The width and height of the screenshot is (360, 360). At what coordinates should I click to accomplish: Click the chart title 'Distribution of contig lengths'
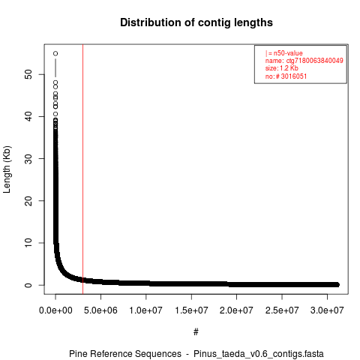(196, 22)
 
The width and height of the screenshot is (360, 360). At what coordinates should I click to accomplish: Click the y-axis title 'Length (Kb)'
(7, 169)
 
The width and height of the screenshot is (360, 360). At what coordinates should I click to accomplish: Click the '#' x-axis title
(196, 332)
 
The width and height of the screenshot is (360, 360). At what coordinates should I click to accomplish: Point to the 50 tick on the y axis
(28, 74)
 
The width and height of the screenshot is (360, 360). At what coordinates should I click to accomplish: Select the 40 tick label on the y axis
(28, 116)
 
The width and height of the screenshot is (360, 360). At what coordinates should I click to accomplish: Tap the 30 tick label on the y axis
(28, 158)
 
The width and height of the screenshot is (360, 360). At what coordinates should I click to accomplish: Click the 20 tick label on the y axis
(28, 200)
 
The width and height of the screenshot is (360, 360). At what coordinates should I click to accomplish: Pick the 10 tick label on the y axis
(28, 242)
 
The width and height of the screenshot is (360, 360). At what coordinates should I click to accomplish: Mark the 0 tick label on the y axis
(28, 285)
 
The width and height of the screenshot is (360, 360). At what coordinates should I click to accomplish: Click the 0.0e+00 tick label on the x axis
(55, 310)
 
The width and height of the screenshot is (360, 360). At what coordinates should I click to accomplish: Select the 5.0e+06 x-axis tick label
(100, 310)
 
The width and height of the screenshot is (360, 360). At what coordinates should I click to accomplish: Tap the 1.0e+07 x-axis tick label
(146, 310)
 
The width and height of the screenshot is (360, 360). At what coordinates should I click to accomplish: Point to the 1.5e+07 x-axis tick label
(191, 310)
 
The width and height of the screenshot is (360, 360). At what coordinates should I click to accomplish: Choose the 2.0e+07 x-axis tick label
(236, 310)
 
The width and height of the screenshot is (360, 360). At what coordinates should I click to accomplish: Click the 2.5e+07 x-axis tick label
(282, 310)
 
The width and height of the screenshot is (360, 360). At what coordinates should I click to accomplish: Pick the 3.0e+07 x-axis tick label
(327, 310)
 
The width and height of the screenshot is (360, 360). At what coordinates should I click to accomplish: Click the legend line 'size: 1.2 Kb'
(282, 68)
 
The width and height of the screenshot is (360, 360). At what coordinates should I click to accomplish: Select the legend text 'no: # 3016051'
(286, 76)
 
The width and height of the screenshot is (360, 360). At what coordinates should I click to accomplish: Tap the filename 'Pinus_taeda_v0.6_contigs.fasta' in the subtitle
(259, 354)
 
